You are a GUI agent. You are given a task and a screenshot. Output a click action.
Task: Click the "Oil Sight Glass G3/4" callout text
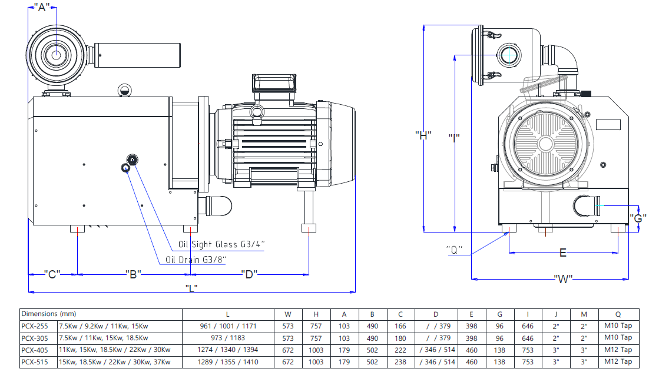(x=221, y=244)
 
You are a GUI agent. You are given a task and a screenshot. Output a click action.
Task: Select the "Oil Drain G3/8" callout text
(x=196, y=260)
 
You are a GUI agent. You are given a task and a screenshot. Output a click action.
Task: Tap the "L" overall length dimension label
(x=191, y=288)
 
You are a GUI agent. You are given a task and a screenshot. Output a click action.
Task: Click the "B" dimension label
(x=133, y=274)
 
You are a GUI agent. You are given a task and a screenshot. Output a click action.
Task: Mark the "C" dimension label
(x=52, y=274)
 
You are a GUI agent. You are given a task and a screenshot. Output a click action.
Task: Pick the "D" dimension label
(x=249, y=274)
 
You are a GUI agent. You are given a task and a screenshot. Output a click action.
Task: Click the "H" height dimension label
(x=423, y=135)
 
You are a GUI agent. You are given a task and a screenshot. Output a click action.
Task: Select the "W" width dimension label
(x=563, y=278)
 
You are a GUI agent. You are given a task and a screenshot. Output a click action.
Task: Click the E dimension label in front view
(x=562, y=253)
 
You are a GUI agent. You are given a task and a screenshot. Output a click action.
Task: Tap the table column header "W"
(x=287, y=314)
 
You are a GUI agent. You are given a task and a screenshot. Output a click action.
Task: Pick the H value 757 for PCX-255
(x=316, y=326)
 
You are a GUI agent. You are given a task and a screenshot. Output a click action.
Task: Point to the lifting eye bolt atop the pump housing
(x=124, y=90)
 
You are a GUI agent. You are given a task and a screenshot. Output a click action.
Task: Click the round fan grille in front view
(x=545, y=144)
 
